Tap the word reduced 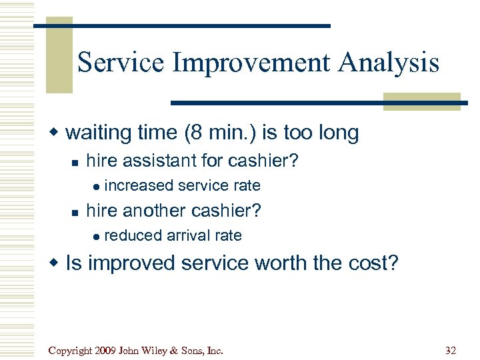click(x=133, y=235)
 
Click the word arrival click(x=188, y=235)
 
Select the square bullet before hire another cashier click(x=75, y=212)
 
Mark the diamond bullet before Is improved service click(x=57, y=264)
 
